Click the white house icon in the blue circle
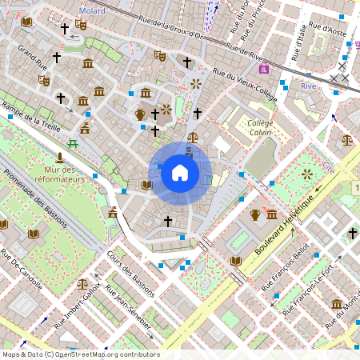pyautogui.click(x=180, y=173)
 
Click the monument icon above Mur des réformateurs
pyautogui.click(x=60, y=155)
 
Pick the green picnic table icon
pyautogui.click(x=73, y=143)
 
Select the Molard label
pyautogui.click(x=92, y=11)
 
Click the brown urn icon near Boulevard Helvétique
pyautogui.click(x=255, y=214)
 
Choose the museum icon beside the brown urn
pyautogui.click(x=272, y=214)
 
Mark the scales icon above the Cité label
pyautogui.click(x=346, y=139)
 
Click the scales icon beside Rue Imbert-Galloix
pyautogui.click(x=82, y=283)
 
